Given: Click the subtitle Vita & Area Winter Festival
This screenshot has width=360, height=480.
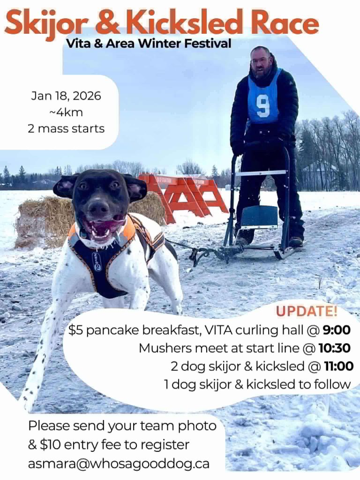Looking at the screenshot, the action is click(x=149, y=44).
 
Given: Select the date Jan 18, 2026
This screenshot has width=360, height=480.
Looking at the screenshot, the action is click(x=66, y=96).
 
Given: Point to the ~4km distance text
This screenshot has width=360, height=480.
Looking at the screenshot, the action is click(x=66, y=112).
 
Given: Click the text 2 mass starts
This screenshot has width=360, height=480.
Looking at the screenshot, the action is click(x=66, y=128).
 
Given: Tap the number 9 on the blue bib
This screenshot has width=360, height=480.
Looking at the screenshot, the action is click(x=263, y=106).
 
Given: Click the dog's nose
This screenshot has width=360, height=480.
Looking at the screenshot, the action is click(x=98, y=209).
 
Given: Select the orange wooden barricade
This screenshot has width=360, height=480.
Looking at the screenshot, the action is click(x=184, y=196).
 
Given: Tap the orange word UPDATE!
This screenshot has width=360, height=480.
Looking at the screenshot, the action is click(x=307, y=311).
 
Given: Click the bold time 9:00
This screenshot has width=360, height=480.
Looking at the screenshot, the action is click(x=337, y=330).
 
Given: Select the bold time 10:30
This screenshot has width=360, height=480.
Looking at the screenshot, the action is click(x=334, y=348).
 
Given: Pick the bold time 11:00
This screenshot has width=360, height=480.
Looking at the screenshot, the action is click(x=339, y=366).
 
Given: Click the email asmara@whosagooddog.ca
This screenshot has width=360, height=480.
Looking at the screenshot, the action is click(x=119, y=464).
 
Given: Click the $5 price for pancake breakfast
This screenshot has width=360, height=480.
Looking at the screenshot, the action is click(x=75, y=330).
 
